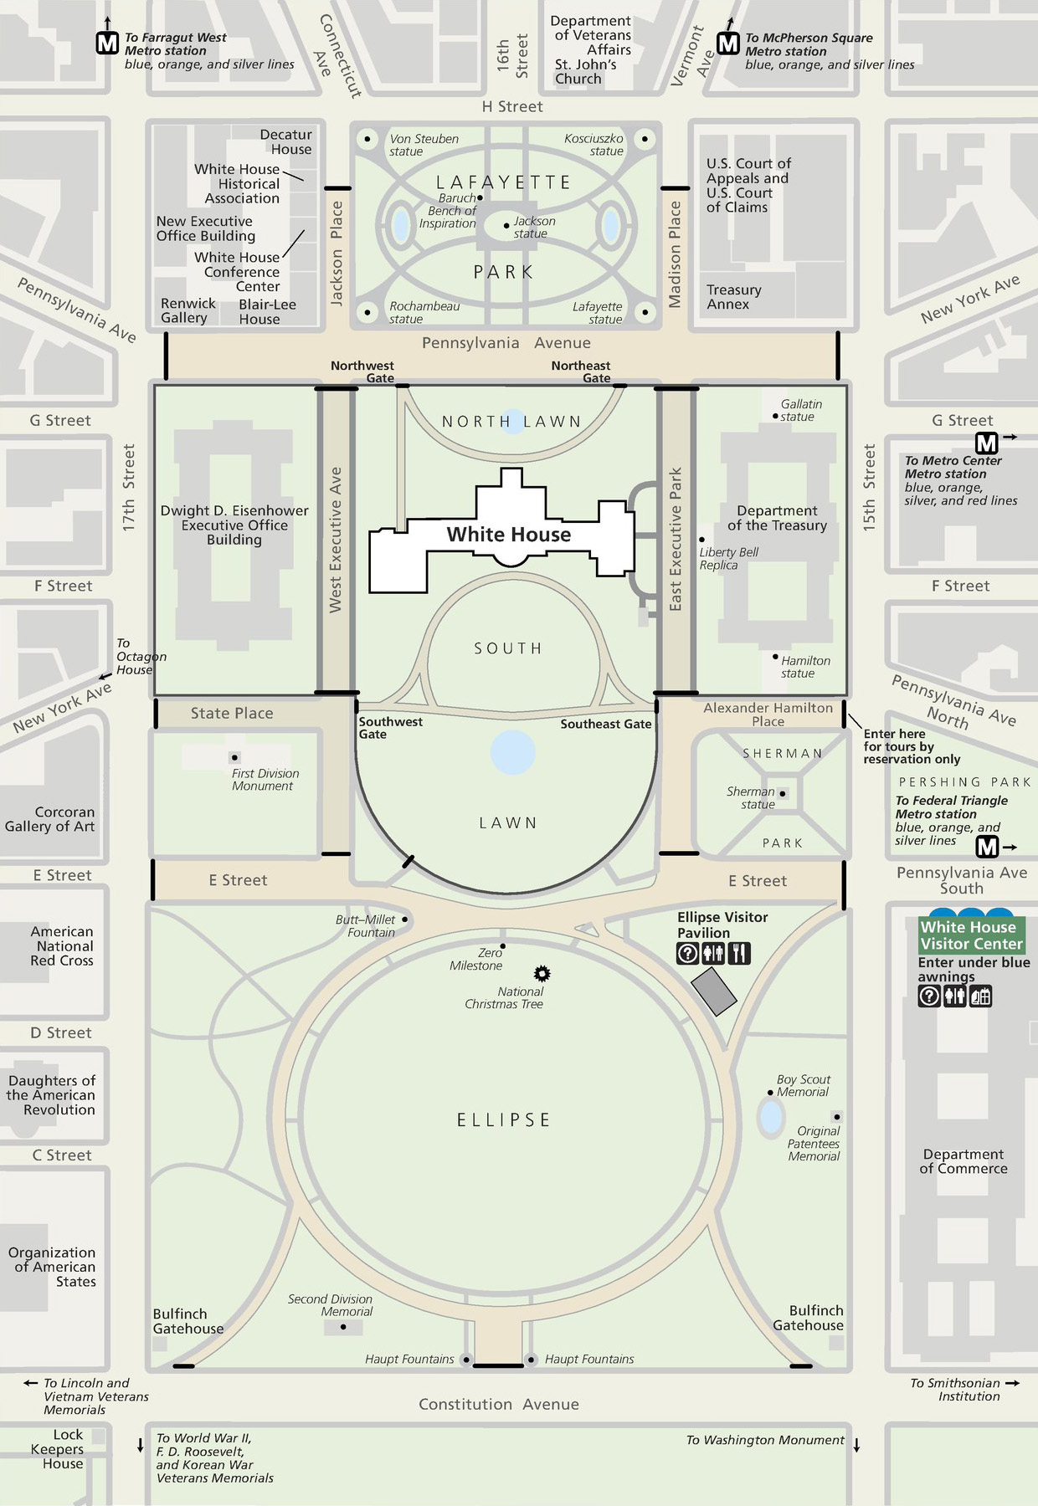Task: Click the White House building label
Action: (x=509, y=535)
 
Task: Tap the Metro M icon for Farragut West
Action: (x=107, y=44)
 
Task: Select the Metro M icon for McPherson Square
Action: (x=728, y=44)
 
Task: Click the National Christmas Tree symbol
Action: (x=542, y=973)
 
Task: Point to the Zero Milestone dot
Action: (x=502, y=946)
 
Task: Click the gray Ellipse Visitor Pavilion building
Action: (x=714, y=991)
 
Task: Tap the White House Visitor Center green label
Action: (x=971, y=935)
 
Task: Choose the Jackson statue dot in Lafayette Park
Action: (x=506, y=226)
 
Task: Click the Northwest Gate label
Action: (x=362, y=371)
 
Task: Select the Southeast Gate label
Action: (x=606, y=724)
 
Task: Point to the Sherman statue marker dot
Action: (x=783, y=793)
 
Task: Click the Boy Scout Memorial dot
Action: (x=770, y=1093)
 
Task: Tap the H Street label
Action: (x=512, y=107)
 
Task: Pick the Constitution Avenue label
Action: (x=499, y=1405)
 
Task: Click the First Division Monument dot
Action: (x=234, y=758)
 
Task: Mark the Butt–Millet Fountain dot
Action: (x=405, y=919)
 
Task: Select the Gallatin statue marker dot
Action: (x=775, y=416)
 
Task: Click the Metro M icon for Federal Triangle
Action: (x=988, y=848)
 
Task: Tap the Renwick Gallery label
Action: (x=188, y=310)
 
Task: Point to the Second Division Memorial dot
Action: (x=343, y=1327)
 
